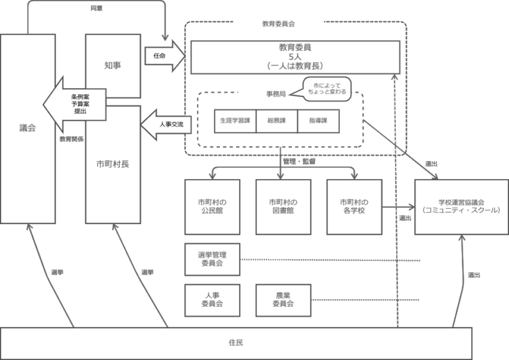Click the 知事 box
[113, 65]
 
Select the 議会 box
[27, 129]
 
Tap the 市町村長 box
[113, 163]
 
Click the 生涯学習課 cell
[235, 121]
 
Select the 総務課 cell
[277, 121]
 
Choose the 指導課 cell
[319, 121]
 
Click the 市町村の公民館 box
[212, 206]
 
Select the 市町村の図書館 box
[283, 206]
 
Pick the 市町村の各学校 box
[354, 206]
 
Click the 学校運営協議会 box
[461, 206]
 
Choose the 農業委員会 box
[283, 299]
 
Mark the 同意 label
[97, 9]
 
